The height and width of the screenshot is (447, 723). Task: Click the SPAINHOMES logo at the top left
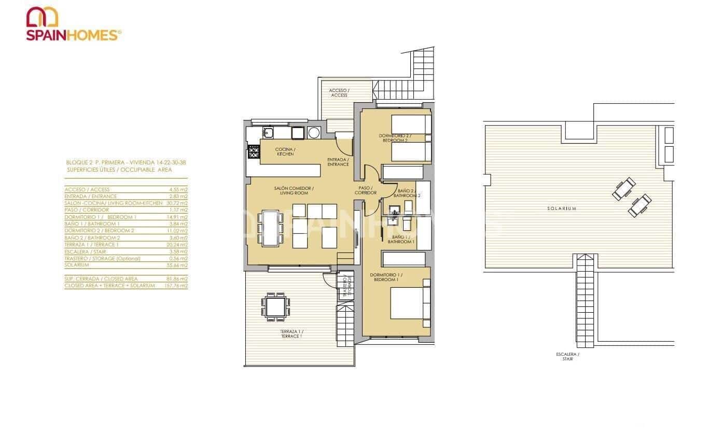pyautogui.click(x=74, y=24)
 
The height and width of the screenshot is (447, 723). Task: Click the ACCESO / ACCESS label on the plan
pyautogui.click(x=339, y=93)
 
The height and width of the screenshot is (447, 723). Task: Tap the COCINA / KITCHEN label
pyautogui.click(x=285, y=152)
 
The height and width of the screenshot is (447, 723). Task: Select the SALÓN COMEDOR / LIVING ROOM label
pyautogui.click(x=294, y=190)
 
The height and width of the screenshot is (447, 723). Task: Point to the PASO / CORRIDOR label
pyautogui.click(x=366, y=190)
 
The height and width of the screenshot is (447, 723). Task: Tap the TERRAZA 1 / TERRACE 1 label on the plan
pyautogui.click(x=291, y=333)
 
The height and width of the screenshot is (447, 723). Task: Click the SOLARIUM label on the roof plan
pyautogui.click(x=562, y=208)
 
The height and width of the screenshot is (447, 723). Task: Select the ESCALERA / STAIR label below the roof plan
pyautogui.click(x=567, y=356)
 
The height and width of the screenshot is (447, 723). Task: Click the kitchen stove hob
pyautogui.click(x=254, y=152)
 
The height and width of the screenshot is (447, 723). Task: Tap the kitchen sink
pyautogui.click(x=268, y=133)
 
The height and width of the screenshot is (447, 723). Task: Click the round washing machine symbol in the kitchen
pyautogui.click(x=314, y=133)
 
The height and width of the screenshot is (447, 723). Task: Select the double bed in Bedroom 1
pyautogui.click(x=410, y=303)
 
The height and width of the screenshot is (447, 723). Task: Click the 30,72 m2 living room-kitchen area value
pyautogui.click(x=178, y=203)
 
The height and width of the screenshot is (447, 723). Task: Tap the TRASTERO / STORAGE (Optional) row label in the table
pyautogui.click(x=102, y=258)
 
